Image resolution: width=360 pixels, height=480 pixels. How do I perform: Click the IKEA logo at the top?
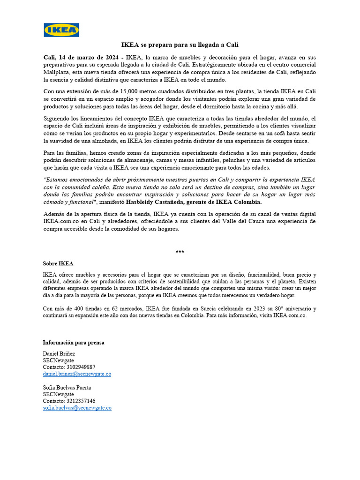(x=61, y=30)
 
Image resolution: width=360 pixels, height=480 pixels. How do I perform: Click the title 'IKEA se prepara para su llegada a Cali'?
(x=180, y=45)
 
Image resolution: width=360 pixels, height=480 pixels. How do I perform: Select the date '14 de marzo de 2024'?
(x=89, y=57)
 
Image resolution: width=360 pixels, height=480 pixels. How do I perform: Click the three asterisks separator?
(x=180, y=252)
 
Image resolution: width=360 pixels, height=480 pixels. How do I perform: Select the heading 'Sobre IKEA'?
(x=58, y=264)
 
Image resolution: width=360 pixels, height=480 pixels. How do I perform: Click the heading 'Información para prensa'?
(x=74, y=343)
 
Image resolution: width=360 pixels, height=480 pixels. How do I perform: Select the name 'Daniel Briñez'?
(x=59, y=353)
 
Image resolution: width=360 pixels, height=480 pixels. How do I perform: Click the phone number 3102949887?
(x=80, y=367)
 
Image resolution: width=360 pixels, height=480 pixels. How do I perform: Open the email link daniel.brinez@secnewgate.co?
(x=77, y=374)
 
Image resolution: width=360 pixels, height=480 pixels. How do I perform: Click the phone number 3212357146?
(x=80, y=401)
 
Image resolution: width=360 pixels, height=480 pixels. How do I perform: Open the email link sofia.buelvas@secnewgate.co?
(x=77, y=408)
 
